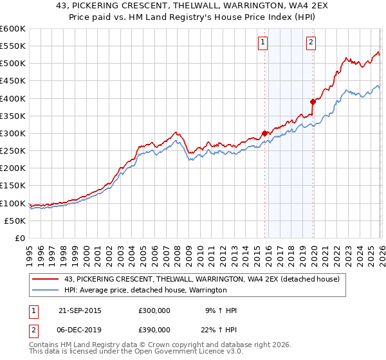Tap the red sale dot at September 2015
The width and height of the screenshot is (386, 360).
(x=264, y=133)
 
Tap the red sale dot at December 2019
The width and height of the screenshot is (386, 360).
(x=313, y=102)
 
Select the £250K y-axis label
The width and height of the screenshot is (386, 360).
(x=12, y=150)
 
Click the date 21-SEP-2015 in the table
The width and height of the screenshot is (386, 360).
(x=79, y=310)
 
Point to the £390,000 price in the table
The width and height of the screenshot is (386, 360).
(x=154, y=329)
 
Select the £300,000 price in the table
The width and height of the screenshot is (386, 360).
(x=154, y=310)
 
